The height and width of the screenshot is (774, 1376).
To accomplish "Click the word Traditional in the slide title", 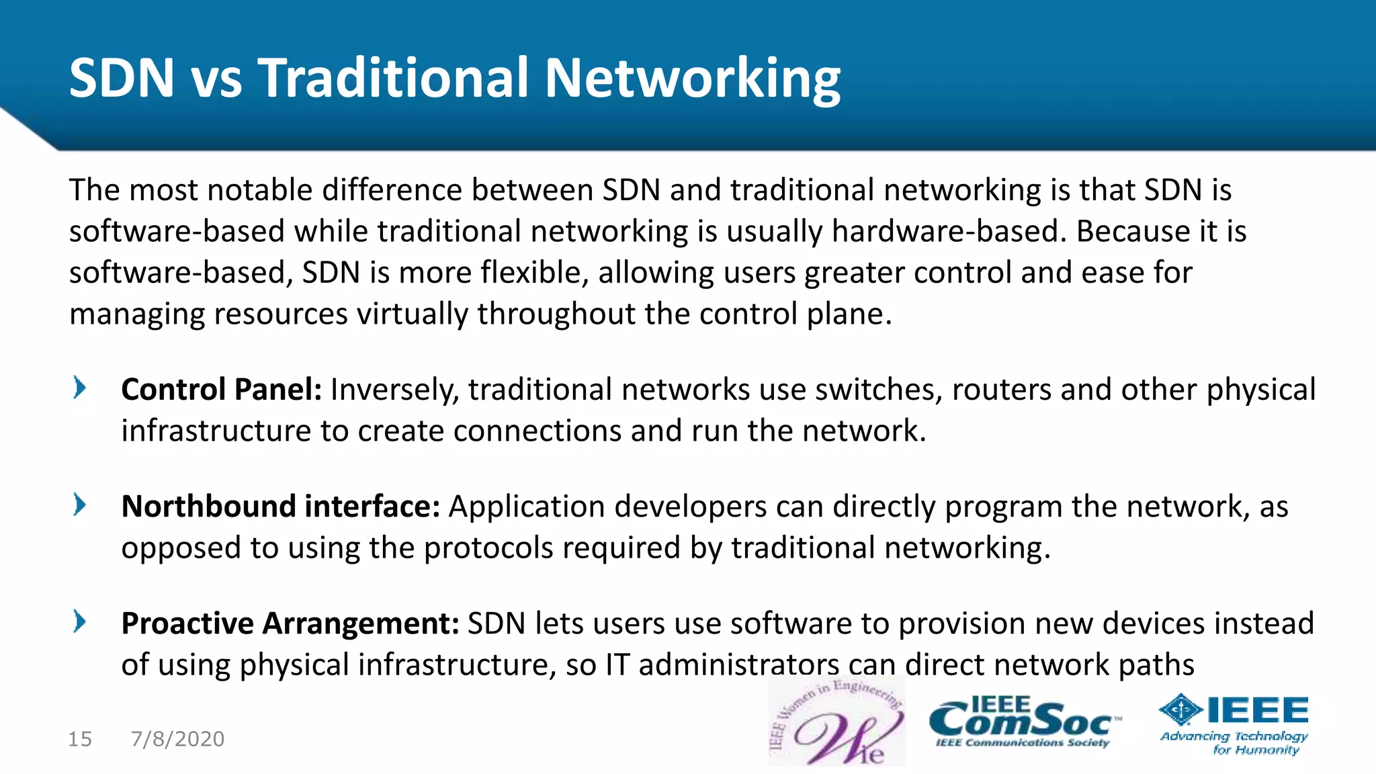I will [x=393, y=78].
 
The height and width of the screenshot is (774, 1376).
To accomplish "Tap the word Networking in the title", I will [x=692, y=79].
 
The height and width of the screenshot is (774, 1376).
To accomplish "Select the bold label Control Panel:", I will [x=221, y=390].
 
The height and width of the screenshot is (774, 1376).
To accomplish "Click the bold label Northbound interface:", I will [x=280, y=507].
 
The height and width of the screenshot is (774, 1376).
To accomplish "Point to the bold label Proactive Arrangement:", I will [x=290, y=623].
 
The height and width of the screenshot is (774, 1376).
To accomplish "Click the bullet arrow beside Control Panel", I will [x=80, y=388].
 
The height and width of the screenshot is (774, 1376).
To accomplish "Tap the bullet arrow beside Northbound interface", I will [x=80, y=505].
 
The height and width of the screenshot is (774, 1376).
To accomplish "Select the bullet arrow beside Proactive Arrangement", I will [x=80, y=621].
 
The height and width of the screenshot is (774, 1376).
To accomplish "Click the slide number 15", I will [x=80, y=739].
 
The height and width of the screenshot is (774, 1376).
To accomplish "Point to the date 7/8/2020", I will [x=177, y=739].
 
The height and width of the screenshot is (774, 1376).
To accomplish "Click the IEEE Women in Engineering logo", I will [x=836, y=722].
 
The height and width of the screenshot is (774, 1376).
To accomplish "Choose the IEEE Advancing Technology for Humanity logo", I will [x=1234, y=724].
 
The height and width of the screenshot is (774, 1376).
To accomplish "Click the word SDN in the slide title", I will [x=122, y=78].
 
